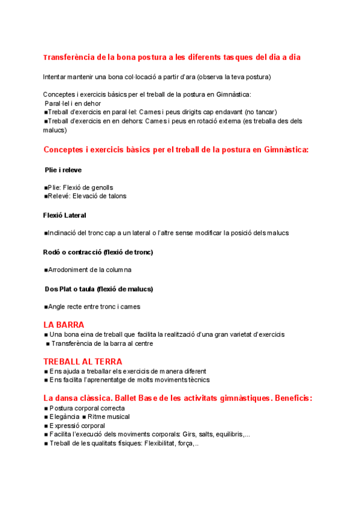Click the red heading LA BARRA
pos(64,325)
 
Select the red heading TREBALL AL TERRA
pos(83,361)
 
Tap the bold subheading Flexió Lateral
pos(65,215)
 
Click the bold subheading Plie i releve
pos(63,170)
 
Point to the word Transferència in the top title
pos(71,57)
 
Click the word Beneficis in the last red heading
pos(293,398)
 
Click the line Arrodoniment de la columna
pos(89,270)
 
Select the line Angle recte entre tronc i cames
pos(94,307)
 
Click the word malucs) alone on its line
pos(55,130)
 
